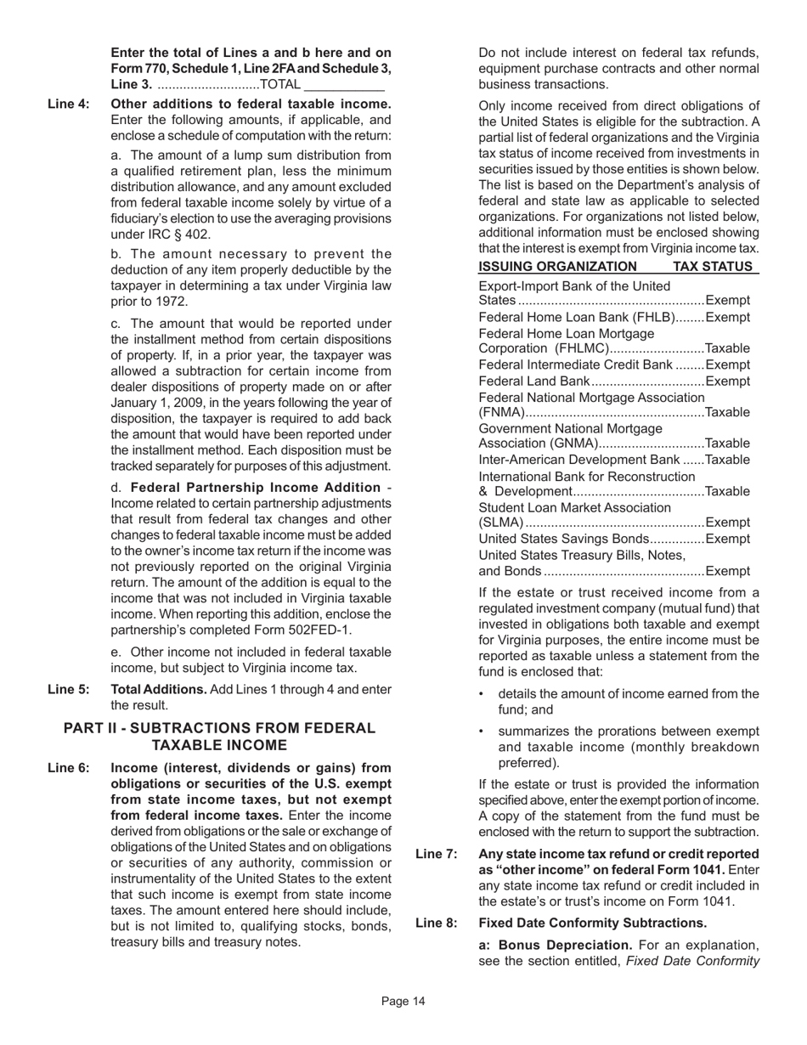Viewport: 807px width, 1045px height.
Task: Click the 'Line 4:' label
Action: pyautogui.click(x=68, y=104)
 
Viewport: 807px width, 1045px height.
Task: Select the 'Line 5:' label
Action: pyautogui.click(x=68, y=689)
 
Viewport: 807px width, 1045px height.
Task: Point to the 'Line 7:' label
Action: pyautogui.click(x=437, y=854)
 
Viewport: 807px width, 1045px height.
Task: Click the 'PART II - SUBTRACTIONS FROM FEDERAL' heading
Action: pyautogui.click(x=219, y=728)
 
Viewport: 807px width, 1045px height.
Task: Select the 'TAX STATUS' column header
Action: pyautogui.click(x=713, y=267)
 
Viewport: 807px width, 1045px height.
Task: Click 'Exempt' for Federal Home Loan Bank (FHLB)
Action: pyautogui.click(x=728, y=318)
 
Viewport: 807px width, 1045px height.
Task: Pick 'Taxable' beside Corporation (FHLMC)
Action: pyautogui.click(x=728, y=349)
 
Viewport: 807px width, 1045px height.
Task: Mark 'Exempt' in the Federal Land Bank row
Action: pyautogui.click(x=728, y=381)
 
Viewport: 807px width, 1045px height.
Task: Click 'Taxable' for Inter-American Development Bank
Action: pyautogui.click(x=728, y=460)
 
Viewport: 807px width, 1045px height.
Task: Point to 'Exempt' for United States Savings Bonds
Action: pyautogui.click(x=728, y=539)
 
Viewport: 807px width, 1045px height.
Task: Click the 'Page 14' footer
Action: pyautogui.click(x=403, y=1002)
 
